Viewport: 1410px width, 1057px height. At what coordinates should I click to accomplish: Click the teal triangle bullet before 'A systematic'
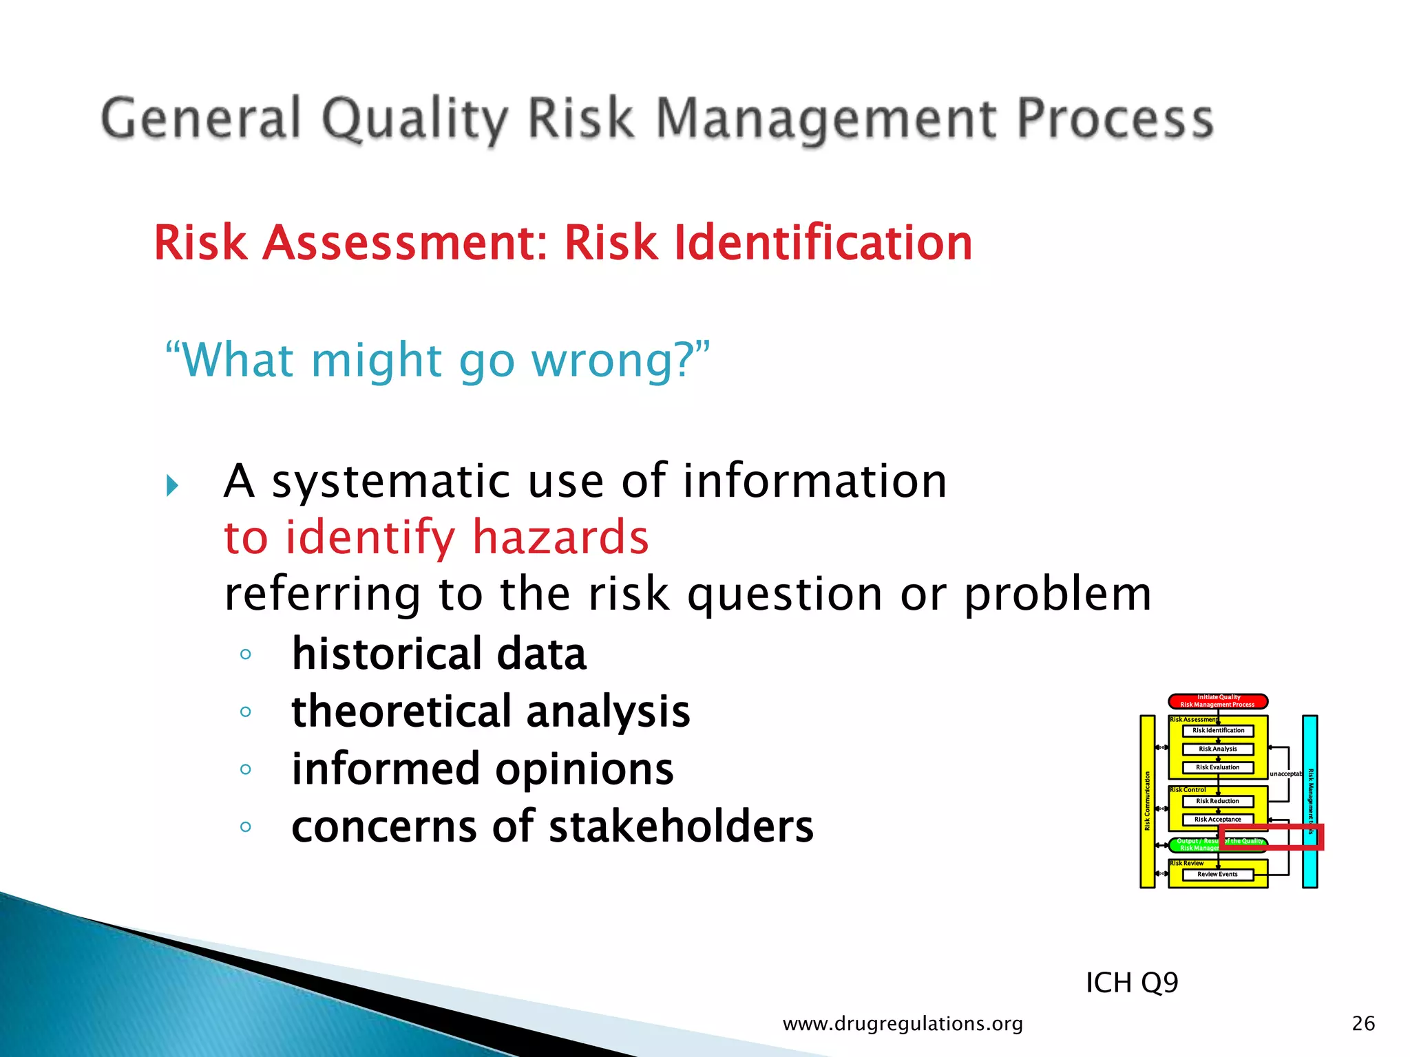172,486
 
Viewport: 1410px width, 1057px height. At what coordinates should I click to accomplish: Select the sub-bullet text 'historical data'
439,654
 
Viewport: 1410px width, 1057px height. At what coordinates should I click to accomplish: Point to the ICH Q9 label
1131,983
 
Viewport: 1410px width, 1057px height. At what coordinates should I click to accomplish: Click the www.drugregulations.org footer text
903,1024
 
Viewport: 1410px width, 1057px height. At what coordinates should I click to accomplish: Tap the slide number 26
1363,1024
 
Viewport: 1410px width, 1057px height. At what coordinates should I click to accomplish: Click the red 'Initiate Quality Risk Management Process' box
1218,701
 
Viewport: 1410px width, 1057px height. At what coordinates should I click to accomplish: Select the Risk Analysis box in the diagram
1217,749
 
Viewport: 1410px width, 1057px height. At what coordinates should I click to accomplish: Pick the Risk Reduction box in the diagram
1217,801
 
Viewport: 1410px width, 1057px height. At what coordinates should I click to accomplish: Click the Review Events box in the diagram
1217,875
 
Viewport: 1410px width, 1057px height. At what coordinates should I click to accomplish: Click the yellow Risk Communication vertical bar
1147,802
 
